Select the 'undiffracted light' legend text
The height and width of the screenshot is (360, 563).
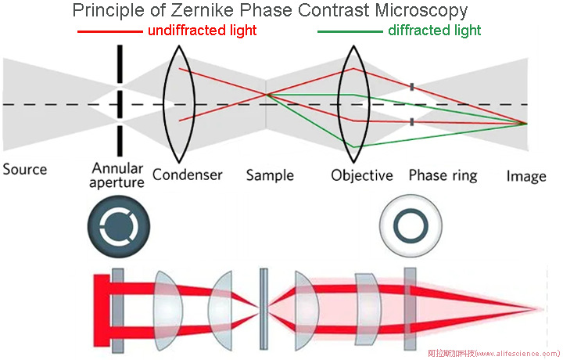[202, 31]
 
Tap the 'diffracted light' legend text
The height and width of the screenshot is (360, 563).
[434, 31]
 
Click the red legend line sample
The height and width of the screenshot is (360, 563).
[109, 31]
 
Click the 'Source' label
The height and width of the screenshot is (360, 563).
[25, 170]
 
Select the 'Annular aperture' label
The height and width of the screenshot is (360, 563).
[118, 175]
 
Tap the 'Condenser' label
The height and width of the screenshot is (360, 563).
[188, 175]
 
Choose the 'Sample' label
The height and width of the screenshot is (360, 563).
[270, 175]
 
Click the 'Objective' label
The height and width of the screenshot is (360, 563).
[361, 175]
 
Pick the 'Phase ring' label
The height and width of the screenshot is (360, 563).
[443, 175]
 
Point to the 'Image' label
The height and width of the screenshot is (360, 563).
[525, 175]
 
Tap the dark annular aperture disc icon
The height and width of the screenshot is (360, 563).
[117, 225]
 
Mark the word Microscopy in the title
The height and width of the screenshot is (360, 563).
[418, 11]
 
